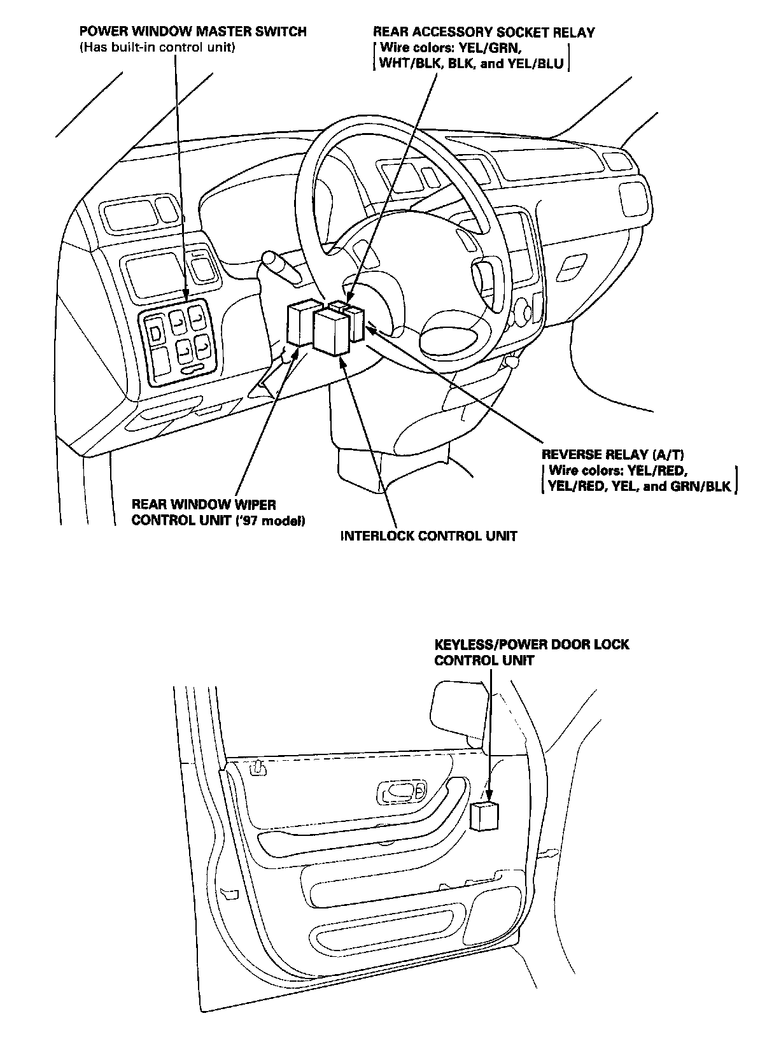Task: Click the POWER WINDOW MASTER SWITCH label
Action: pyautogui.click(x=193, y=32)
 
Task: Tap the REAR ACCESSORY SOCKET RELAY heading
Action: pyautogui.click(x=484, y=32)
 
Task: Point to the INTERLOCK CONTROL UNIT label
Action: pyautogui.click(x=428, y=536)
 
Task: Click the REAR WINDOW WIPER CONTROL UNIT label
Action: pyautogui.click(x=204, y=505)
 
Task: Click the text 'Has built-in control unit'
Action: pyautogui.click(x=157, y=48)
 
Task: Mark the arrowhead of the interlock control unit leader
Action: pyautogui.click(x=342, y=360)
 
